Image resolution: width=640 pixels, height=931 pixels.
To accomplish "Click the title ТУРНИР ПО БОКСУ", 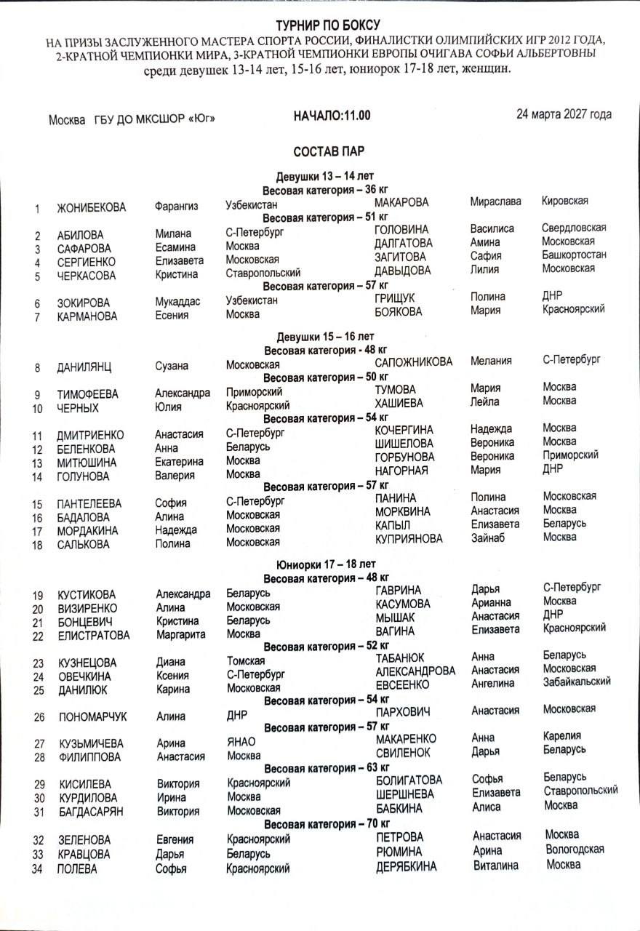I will [x=327, y=25].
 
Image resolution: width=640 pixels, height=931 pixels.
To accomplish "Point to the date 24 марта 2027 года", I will [x=564, y=114].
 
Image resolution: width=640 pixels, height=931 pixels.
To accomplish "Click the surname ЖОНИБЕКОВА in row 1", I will [x=92, y=208].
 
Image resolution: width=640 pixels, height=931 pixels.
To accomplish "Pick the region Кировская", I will [x=565, y=201].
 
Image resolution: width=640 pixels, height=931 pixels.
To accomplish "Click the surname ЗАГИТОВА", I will [x=403, y=257].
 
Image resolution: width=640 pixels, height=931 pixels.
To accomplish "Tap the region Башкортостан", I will [x=575, y=255].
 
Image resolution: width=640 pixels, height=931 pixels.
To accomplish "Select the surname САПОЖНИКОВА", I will [x=413, y=362].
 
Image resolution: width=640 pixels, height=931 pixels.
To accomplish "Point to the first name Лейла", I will [x=485, y=401].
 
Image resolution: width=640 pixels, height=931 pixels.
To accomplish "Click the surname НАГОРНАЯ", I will [x=401, y=471].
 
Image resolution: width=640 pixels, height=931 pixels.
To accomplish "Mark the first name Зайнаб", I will [x=489, y=538].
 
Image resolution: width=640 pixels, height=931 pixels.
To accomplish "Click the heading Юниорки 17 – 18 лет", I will [x=327, y=564].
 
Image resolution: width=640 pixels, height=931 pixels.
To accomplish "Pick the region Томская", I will [x=245, y=661].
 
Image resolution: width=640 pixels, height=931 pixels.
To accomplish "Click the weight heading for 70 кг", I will [x=327, y=824].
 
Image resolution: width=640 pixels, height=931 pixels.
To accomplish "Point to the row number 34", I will [x=39, y=868].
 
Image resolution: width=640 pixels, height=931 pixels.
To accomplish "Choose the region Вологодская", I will [x=575, y=849].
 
